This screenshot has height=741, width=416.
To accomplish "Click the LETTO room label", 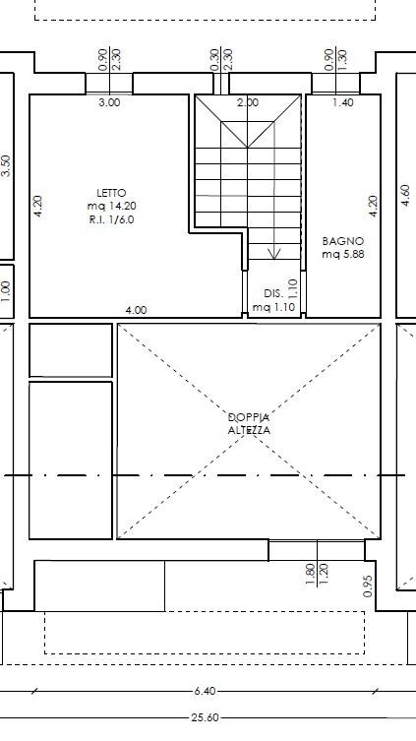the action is tap(111, 193).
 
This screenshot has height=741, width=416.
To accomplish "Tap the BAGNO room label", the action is tap(343, 241).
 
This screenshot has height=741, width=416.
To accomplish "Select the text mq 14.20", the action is tap(112, 206).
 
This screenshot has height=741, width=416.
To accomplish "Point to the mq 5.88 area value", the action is tap(343, 254).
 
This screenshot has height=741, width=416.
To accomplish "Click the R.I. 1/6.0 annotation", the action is tap(111, 219).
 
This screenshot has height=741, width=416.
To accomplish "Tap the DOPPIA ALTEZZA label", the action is tap(249, 424).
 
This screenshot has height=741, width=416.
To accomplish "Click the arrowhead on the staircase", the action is tap(274, 253).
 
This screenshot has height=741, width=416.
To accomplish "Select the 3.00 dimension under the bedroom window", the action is tap(109, 102).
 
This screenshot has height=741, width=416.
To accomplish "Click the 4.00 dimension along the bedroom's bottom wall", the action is tap(136, 310).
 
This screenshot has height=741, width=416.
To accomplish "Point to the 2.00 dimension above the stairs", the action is tap(248, 102).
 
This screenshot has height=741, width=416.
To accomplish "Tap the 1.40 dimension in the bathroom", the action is tap(343, 102).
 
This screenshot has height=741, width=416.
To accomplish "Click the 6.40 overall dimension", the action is tap(205, 691).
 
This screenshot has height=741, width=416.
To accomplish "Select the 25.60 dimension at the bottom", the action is tap(206, 717).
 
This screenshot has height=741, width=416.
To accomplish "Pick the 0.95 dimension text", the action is tap(369, 586).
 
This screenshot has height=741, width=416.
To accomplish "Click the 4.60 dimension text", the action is tap(405, 195).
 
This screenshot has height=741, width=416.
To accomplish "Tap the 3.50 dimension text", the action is tap(6, 165).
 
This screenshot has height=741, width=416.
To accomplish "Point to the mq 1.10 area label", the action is tap(273, 307).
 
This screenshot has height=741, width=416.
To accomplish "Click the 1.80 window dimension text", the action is tap(311, 574).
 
